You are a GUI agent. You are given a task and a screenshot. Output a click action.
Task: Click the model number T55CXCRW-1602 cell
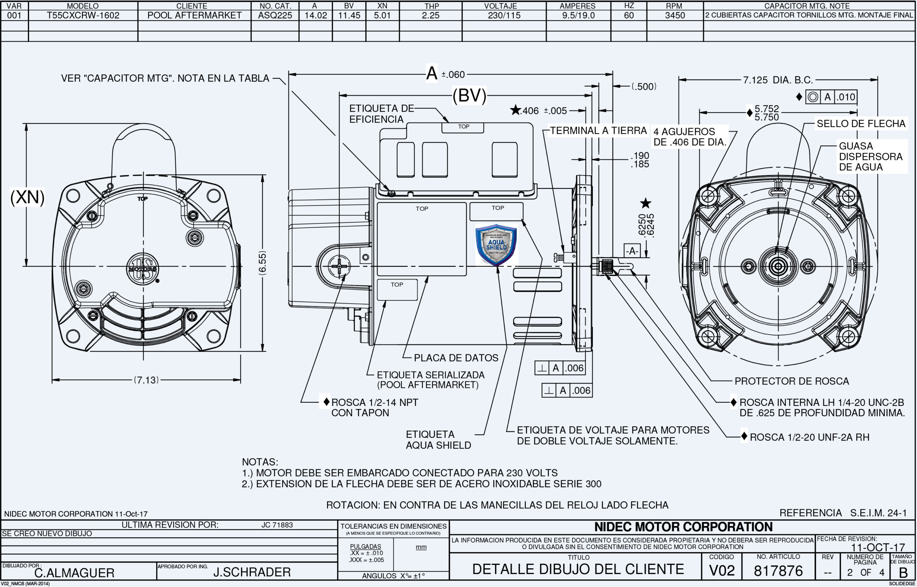click(x=83, y=15)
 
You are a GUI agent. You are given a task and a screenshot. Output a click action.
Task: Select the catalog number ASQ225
click(x=275, y=15)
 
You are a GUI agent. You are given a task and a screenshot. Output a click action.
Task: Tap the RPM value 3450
click(x=675, y=15)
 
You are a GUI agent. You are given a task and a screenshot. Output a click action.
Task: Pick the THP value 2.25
click(x=430, y=15)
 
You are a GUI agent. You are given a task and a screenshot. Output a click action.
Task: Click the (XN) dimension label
click(x=27, y=198)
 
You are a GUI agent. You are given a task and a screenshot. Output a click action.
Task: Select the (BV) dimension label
click(x=469, y=95)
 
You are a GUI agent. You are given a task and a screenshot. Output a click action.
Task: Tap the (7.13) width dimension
click(x=146, y=380)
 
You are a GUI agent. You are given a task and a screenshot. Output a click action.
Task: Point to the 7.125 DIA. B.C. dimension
click(x=778, y=80)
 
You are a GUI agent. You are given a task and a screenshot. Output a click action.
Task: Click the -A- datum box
click(x=632, y=251)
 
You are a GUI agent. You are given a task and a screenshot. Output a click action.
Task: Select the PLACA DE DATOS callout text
click(x=456, y=358)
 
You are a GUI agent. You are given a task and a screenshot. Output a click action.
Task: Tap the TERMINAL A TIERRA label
click(x=598, y=131)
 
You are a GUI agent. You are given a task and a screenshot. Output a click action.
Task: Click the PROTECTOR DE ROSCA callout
click(x=792, y=381)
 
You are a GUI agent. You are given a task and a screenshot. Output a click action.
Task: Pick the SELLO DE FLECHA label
click(x=860, y=123)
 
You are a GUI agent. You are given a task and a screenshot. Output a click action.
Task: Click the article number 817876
click(x=778, y=571)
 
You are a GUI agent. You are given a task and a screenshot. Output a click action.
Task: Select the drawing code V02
click(x=722, y=571)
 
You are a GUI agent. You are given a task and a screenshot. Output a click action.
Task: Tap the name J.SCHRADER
click(x=252, y=572)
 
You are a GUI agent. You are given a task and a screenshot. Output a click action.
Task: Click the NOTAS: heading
click(x=260, y=462)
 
